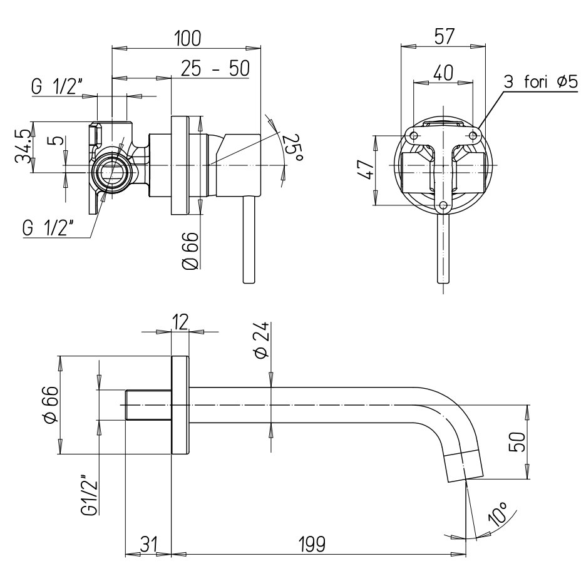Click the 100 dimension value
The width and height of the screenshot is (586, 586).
187,38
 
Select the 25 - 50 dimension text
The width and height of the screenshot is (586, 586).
215,69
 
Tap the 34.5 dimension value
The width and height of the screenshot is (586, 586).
22,147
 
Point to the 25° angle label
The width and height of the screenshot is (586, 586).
294,148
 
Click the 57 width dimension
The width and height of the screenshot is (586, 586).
444,36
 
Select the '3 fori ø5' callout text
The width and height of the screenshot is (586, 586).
540,81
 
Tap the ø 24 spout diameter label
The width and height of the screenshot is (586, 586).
262,339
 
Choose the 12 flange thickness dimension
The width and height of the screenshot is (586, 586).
180,322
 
